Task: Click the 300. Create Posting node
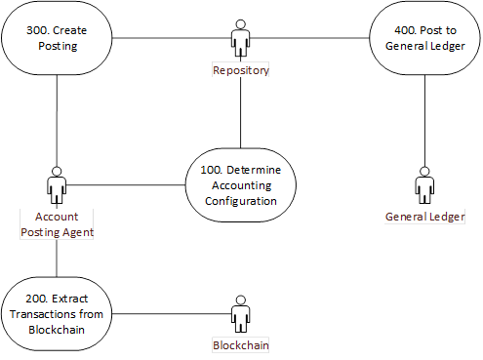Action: (57, 39)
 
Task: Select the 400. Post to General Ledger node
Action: (424, 39)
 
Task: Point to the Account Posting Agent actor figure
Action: (57, 185)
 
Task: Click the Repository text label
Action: (240, 70)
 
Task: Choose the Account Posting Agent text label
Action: (57, 223)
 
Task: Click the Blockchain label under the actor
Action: (240, 345)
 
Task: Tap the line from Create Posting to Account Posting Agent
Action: (57, 117)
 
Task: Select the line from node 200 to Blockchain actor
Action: (171, 313)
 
